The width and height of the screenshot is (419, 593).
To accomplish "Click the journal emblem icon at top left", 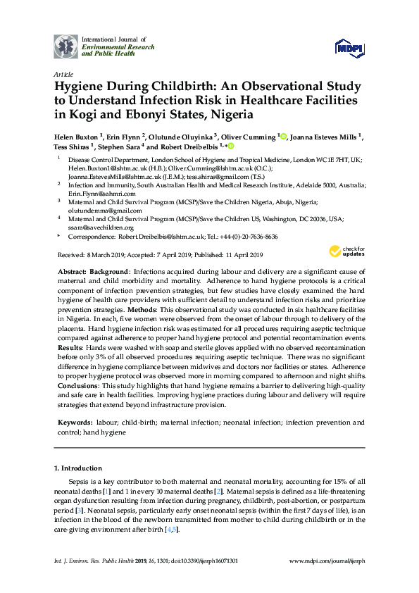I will [x=66, y=46].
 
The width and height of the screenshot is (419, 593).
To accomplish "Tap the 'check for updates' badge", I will [x=347, y=251].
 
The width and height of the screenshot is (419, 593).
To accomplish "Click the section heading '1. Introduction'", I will [x=78, y=468].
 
